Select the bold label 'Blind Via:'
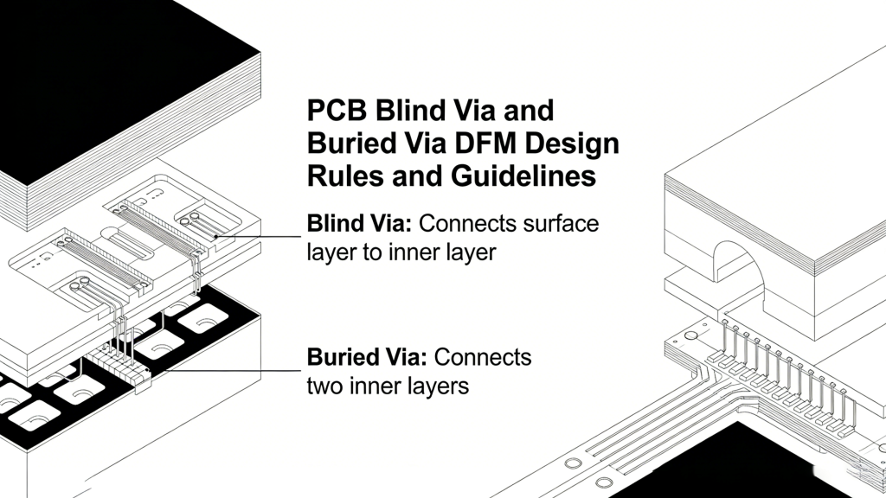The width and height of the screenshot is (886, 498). click(360, 224)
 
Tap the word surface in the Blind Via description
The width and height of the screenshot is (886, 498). click(562, 224)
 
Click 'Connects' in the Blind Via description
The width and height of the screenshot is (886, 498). click(469, 224)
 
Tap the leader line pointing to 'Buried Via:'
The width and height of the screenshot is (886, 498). click(234, 369)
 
